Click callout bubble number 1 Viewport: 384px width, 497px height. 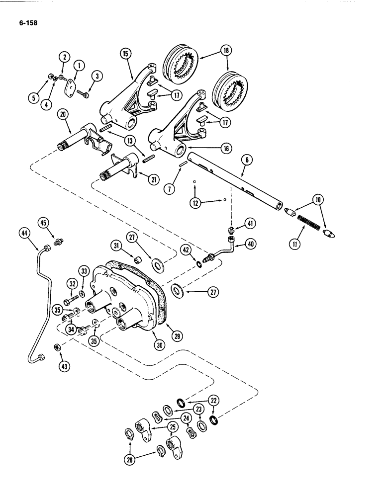(79, 66)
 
